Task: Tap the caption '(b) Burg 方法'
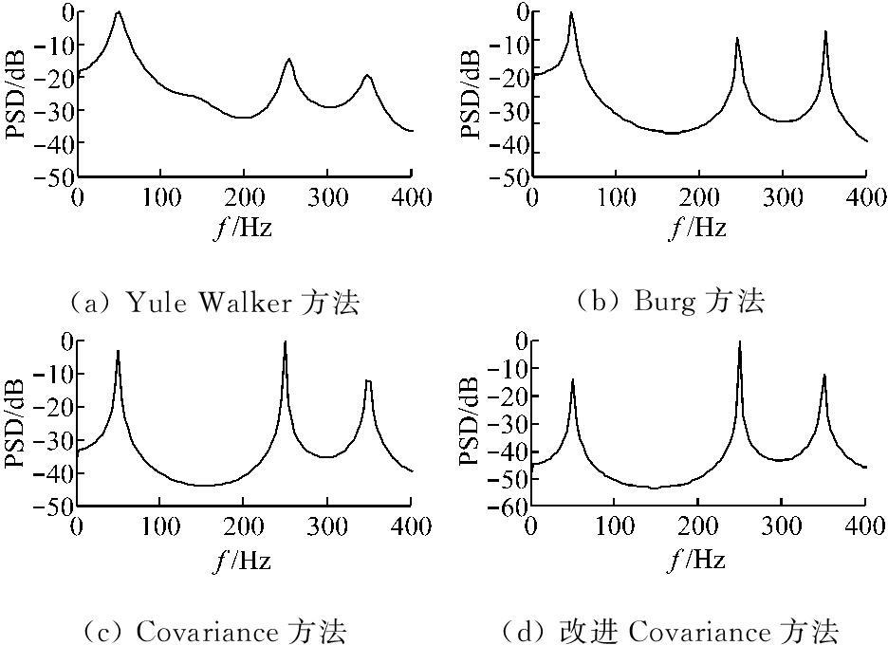click(670, 303)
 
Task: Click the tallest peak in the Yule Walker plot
click(119, 13)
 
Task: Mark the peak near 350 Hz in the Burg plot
click(825, 31)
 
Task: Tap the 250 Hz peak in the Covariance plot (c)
click(285, 342)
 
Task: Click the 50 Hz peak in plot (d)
click(572, 379)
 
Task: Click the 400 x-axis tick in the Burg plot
click(865, 197)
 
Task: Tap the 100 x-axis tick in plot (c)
click(159, 526)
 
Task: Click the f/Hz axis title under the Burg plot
click(698, 229)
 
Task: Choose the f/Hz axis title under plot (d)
click(698, 560)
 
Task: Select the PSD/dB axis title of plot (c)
click(16, 423)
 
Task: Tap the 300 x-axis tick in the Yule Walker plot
click(327, 197)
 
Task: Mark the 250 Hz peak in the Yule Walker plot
click(288, 59)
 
